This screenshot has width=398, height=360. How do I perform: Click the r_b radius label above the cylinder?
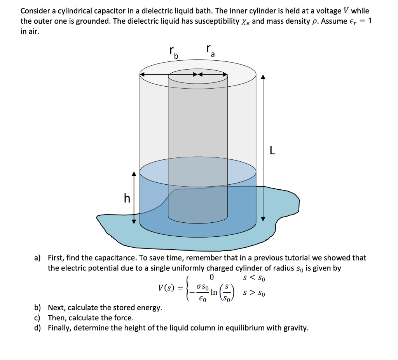click(173, 52)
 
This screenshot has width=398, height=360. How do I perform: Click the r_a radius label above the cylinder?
click(210, 50)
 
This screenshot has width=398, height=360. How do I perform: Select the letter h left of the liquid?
click(127, 199)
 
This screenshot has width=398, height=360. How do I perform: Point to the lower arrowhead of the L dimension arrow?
click(263, 218)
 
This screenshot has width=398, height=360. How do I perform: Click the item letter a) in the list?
click(37, 258)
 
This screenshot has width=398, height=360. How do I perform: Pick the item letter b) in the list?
click(37, 308)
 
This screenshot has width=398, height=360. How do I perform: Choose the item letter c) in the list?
click(37, 318)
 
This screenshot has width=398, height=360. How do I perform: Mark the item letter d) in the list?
click(37, 328)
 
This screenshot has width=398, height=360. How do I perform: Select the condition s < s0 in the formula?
click(255, 278)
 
